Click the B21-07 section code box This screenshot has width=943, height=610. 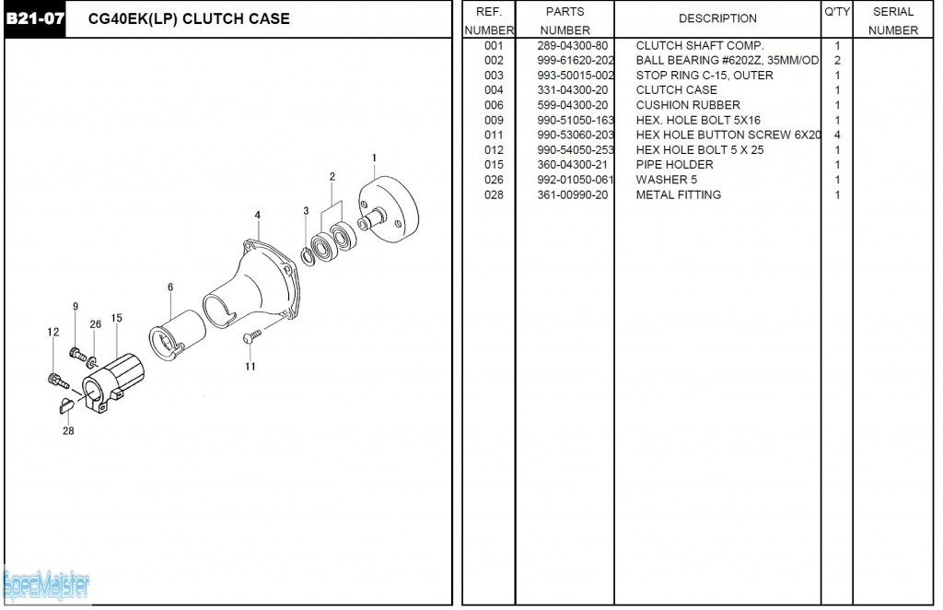click(x=35, y=19)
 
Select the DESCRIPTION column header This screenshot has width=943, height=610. click(x=717, y=18)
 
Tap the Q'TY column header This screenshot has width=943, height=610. click(x=836, y=12)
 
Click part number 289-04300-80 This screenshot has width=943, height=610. click(x=572, y=45)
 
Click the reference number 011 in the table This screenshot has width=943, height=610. click(x=494, y=135)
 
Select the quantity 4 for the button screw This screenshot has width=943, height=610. click(x=837, y=135)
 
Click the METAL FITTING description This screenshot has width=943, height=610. click(x=678, y=194)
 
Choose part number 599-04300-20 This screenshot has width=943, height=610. click(x=572, y=105)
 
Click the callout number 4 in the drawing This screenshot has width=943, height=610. click(x=258, y=216)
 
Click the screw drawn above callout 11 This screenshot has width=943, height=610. click(x=250, y=340)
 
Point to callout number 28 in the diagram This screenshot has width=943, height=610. click(x=68, y=430)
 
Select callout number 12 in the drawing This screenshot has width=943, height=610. click(x=52, y=332)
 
